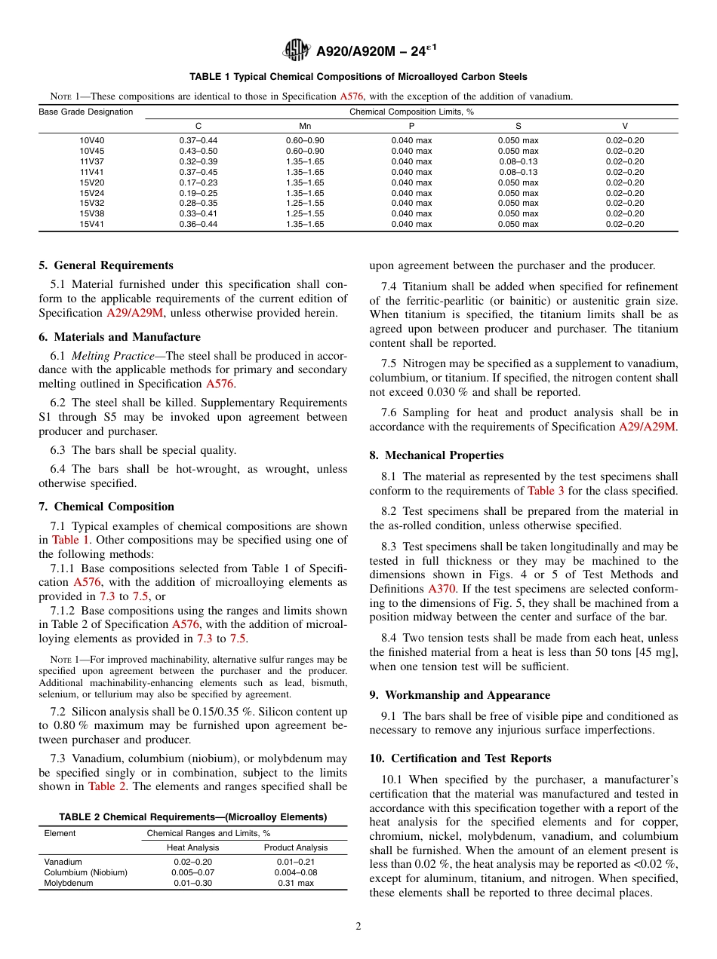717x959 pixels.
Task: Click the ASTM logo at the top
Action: pyautogui.click(x=297, y=51)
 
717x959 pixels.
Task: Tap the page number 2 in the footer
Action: pyautogui.click(x=358, y=927)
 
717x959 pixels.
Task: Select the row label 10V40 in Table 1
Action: pyautogui.click(x=92, y=140)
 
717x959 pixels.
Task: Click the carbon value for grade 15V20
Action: pyautogui.click(x=198, y=182)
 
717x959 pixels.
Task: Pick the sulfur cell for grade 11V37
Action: pyautogui.click(x=518, y=161)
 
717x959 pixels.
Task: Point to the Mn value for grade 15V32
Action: pyautogui.click(x=305, y=204)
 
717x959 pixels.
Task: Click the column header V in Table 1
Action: pyautogui.click(x=624, y=126)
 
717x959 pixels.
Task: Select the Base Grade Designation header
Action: pyautogui.click(x=86, y=112)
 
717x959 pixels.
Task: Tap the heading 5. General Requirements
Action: pyautogui.click(x=106, y=265)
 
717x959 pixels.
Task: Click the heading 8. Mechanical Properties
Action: pyautogui.click(x=436, y=455)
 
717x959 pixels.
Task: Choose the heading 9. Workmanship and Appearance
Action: pyautogui.click(x=460, y=695)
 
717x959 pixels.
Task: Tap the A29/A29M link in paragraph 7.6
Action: pyautogui.click(x=647, y=427)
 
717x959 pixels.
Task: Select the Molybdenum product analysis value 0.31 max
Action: pyautogui.click(x=296, y=883)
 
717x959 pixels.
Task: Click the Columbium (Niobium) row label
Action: pyautogui.click(x=86, y=872)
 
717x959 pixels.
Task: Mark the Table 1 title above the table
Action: pyautogui.click(x=358, y=77)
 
